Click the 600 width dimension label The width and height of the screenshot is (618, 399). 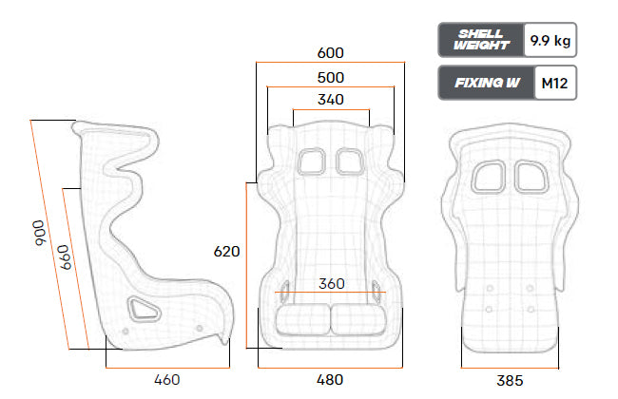330,53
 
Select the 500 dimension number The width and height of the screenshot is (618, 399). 330,78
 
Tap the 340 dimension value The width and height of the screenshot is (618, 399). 330,100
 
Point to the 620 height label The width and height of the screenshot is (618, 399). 226,252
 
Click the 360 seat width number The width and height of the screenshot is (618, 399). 332,284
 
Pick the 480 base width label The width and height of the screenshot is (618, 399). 330,380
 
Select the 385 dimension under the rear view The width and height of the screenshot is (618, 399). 510,381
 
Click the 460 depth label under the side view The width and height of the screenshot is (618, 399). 167,380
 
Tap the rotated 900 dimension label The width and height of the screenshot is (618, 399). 39,233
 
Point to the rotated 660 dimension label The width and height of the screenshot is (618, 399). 65,257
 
